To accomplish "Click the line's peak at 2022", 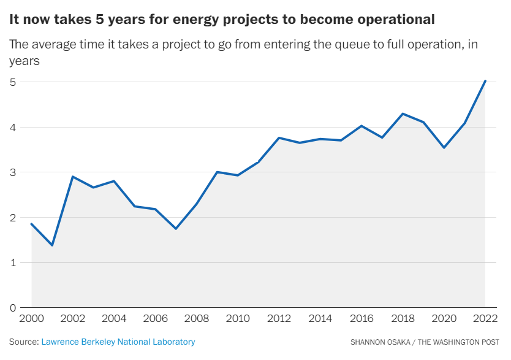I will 485,80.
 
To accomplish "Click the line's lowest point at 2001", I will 52,245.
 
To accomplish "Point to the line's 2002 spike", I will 73,177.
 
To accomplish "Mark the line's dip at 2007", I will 176,229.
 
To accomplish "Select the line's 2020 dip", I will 444,148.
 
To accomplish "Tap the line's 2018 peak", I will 403,113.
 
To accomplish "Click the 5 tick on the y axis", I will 12,82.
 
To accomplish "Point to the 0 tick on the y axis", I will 12,307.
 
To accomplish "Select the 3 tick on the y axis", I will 12,172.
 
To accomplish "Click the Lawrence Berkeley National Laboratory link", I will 118,342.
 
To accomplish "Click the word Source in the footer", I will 23,342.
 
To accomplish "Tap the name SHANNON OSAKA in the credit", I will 379,342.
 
